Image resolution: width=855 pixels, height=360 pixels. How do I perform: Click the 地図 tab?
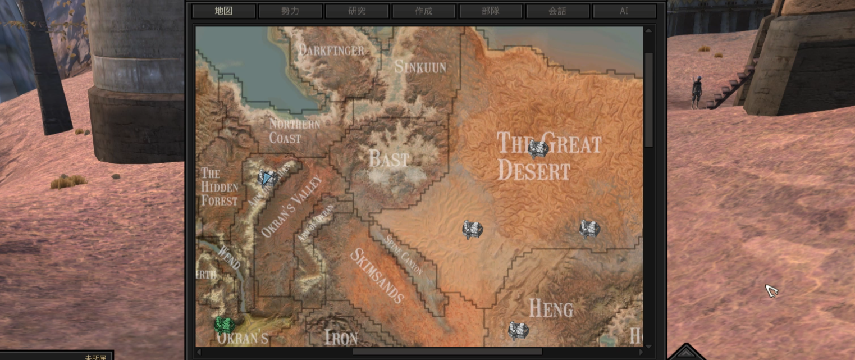223,11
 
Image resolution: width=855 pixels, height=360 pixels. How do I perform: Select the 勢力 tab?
290,11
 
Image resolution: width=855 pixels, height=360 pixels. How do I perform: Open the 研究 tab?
357,11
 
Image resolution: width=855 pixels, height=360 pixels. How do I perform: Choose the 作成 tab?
424,11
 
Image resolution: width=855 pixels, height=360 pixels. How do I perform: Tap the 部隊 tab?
491,11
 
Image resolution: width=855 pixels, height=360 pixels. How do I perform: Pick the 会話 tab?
557,11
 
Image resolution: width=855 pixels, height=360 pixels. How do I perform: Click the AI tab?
624,11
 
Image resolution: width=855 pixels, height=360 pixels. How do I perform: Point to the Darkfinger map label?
331,51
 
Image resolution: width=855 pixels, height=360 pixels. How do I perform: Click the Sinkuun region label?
420,67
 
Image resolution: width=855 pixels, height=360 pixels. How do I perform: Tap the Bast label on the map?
388,160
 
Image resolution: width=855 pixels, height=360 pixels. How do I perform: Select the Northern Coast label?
294,131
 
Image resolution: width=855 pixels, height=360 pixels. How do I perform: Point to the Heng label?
551,308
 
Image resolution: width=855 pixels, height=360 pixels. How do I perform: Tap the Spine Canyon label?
403,253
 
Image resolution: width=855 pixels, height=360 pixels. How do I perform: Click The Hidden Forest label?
220,186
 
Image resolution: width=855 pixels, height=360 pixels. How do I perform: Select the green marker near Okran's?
224,324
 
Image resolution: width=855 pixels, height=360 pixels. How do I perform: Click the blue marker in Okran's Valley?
267,179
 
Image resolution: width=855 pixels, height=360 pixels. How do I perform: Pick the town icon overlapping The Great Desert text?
538,149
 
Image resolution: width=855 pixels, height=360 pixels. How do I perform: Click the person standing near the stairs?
697,92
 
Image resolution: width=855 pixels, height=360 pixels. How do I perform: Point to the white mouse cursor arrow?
771,290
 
